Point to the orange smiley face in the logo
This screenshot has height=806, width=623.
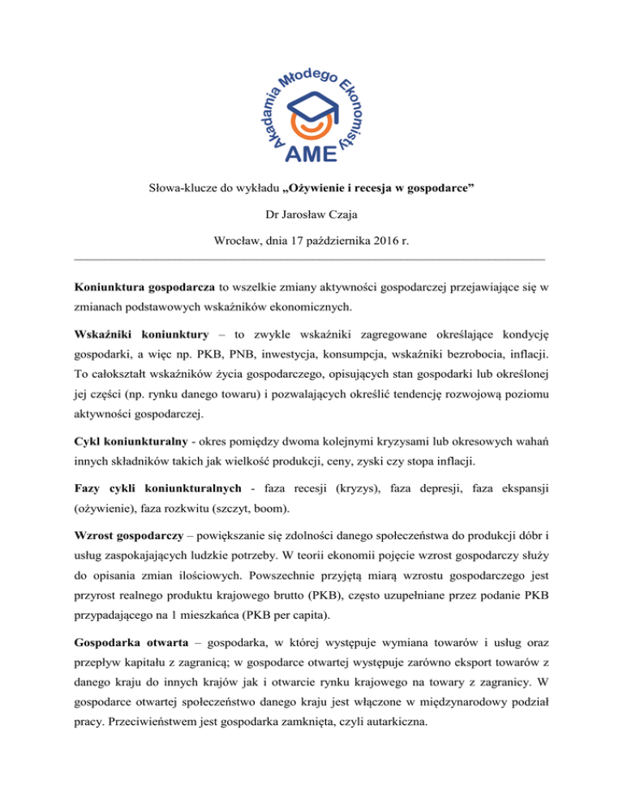312,126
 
